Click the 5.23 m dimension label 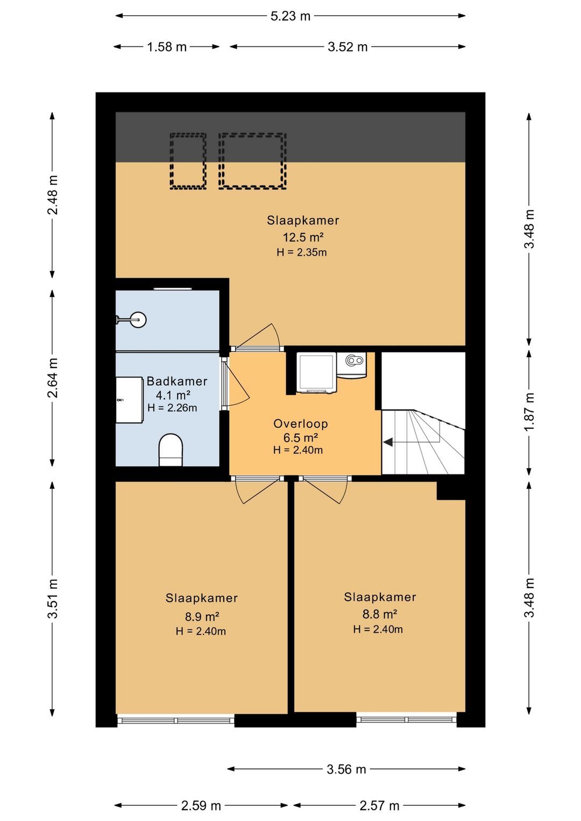[x=290, y=16]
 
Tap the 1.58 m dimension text [x=167, y=47]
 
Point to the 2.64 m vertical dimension [x=52, y=378]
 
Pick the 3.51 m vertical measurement [x=52, y=599]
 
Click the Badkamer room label [x=177, y=381]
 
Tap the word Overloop [x=301, y=424]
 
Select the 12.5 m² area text [x=303, y=237]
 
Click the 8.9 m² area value [x=202, y=617]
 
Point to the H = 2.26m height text [x=172, y=408]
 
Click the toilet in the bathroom [x=171, y=450]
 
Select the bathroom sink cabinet [x=130, y=400]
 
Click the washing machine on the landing [x=316, y=373]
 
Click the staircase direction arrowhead [x=388, y=442]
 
